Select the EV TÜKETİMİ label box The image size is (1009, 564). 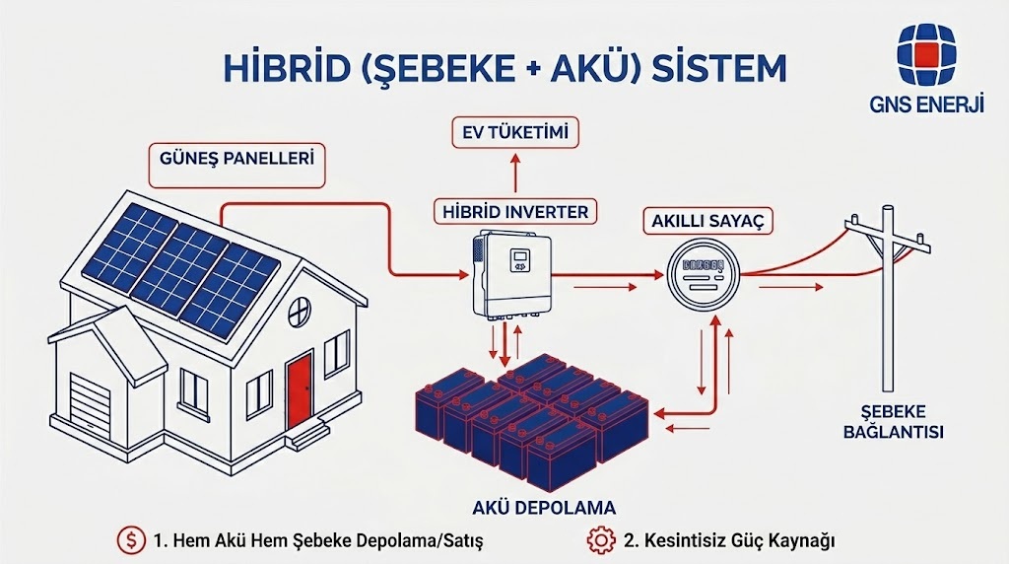[515, 131]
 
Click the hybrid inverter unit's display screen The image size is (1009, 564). [519, 260]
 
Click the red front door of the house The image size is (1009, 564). [300, 391]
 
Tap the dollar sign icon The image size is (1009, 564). [129, 540]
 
